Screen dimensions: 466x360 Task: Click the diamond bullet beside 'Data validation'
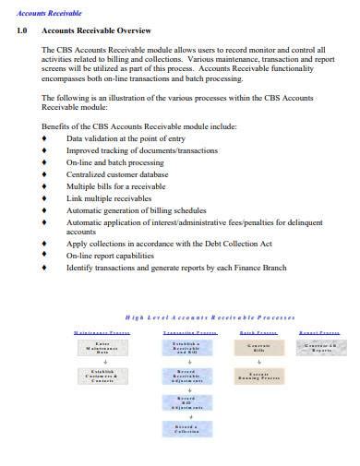pyautogui.click(x=46, y=138)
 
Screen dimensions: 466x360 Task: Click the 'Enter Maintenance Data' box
pyautogui.click(x=102, y=348)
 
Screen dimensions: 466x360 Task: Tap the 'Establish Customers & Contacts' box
pyautogui.click(x=102, y=376)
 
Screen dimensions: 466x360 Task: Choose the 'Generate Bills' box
pyautogui.click(x=258, y=348)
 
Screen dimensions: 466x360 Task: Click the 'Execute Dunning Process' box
pyautogui.click(x=258, y=376)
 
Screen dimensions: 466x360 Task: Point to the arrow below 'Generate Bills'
pyautogui.click(x=258, y=362)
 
